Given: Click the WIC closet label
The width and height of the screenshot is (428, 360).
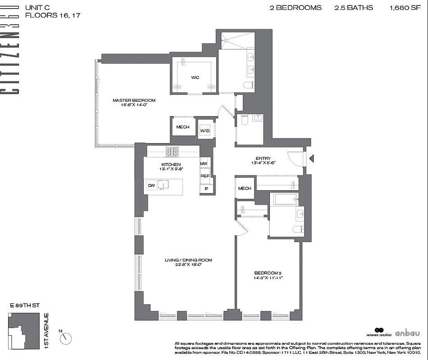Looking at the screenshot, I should [x=195, y=77].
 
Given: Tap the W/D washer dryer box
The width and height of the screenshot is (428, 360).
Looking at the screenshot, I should [x=205, y=131].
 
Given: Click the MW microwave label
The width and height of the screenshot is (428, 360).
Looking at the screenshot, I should [x=204, y=164].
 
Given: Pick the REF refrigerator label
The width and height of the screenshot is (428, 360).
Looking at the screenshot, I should [x=205, y=176].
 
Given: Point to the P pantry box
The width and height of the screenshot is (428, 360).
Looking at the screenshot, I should [x=206, y=189].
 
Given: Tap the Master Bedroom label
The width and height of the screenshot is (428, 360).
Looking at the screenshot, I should [x=134, y=102].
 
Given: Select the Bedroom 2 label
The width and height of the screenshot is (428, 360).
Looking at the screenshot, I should [x=268, y=275].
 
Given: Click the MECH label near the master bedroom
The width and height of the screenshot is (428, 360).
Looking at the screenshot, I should [x=182, y=127].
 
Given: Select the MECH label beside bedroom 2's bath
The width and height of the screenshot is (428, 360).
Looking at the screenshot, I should [x=244, y=189].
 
